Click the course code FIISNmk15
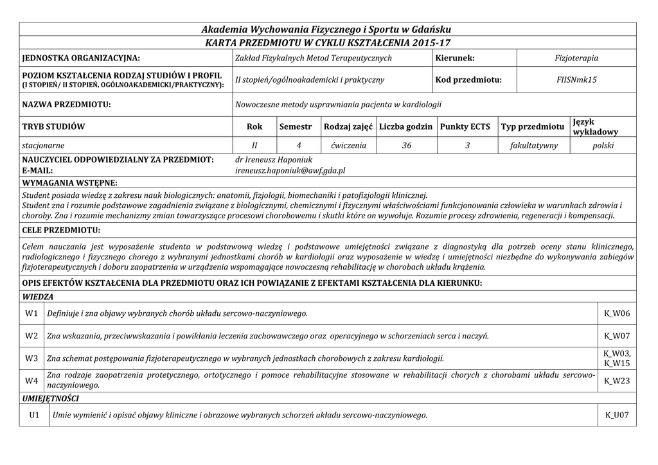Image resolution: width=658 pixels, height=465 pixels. point(576,80)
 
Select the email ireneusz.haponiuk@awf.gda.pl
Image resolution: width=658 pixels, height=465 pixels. point(291,171)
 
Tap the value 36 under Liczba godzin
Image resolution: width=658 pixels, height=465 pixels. point(407,146)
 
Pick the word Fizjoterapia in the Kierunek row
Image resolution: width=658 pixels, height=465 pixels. point(576,58)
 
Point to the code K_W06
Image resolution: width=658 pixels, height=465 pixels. point(617,313)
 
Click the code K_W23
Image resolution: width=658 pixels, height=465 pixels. point(617,382)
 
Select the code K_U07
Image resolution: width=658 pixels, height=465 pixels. point(617,416)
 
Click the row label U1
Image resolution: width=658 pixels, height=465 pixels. point(35,416)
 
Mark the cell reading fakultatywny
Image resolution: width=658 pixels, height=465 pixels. point(534,146)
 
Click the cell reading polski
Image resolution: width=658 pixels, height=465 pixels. point(603,146)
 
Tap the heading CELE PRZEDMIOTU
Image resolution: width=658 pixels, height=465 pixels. point(61,229)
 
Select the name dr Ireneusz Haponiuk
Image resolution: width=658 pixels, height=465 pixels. point(274,159)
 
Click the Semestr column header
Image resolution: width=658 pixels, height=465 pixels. point(296,127)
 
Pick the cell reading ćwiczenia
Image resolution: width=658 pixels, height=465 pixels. point(349,146)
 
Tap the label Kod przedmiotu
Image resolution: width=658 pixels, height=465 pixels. point(468,80)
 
